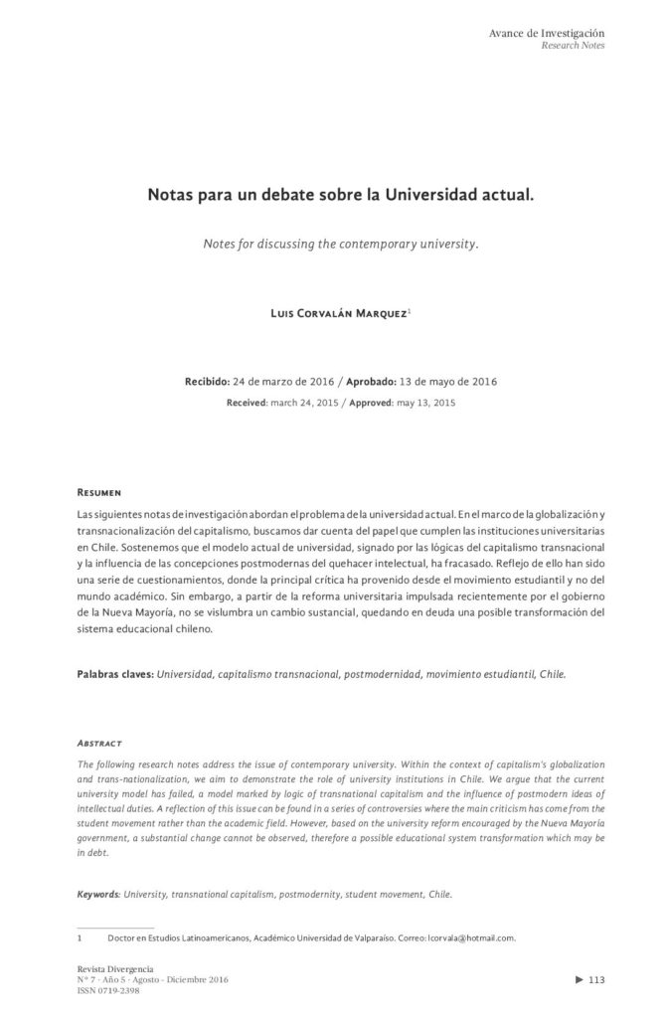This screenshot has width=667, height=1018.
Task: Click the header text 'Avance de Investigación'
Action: pyautogui.click(x=547, y=33)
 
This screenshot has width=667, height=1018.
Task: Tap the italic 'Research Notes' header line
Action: pyautogui.click(x=573, y=46)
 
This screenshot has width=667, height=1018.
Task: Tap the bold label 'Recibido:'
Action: pyautogui.click(x=207, y=382)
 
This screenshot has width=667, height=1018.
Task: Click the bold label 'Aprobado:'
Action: pyautogui.click(x=374, y=382)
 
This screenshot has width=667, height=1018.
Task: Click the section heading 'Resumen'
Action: pyautogui.click(x=99, y=492)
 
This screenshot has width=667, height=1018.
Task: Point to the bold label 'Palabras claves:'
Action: pyautogui.click(x=115, y=673)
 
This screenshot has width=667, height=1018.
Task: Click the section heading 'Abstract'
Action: pyautogui.click(x=99, y=743)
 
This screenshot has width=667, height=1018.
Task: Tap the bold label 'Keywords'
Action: pyautogui.click(x=98, y=894)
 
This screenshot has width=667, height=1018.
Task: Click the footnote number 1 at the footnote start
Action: pyautogui.click(x=80, y=937)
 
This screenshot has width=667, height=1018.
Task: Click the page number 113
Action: pyautogui.click(x=597, y=980)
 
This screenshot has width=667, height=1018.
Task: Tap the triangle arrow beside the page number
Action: pyautogui.click(x=580, y=980)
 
